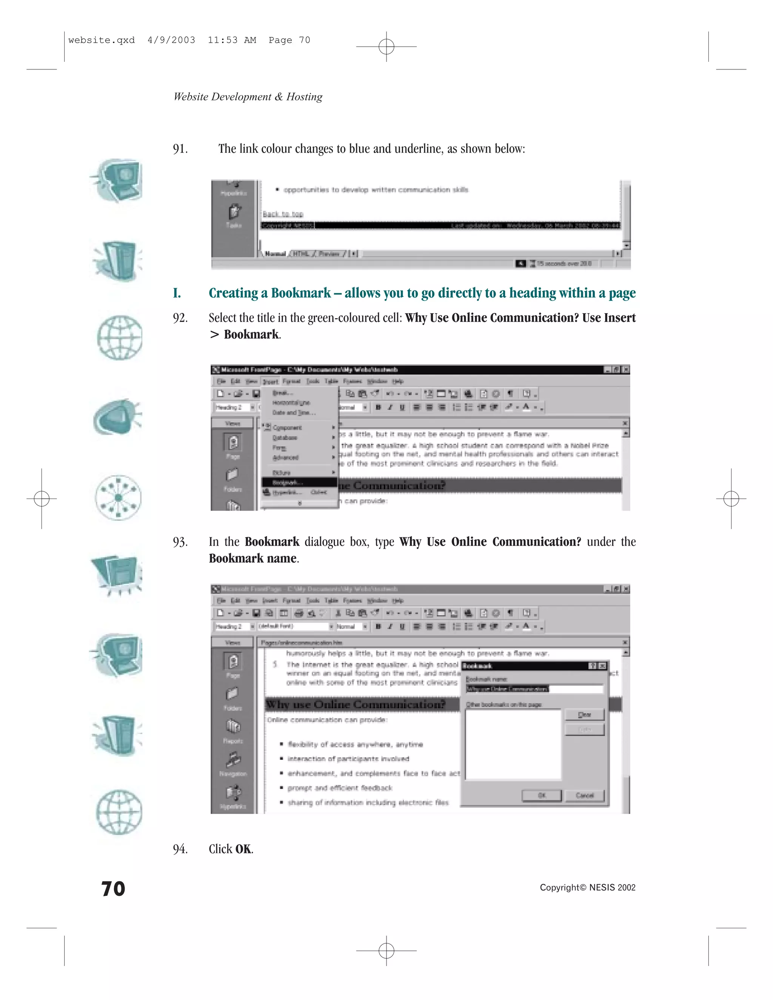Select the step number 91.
click(x=180, y=149)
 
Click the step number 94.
click(x=180, y=849)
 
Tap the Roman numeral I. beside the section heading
click(x=177, y=293)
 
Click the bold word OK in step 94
click(x=243, y=849)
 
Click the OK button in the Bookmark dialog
click(x=541, y=795)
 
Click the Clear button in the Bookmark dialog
click(x=584, y=715)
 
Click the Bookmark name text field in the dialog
click(x=534, y=689)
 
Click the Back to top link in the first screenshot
click(x=283, y=214)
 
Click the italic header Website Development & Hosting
click(x=248, y=97)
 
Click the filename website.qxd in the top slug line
click(x=101, y=40)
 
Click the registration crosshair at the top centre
click(x=386, y=46)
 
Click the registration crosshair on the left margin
click(x=42, y=498)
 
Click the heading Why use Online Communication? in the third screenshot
click(x=355, y=704)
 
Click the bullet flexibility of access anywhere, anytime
click(x=355, y=744)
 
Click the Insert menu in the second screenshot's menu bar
click(x=270, y=382)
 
